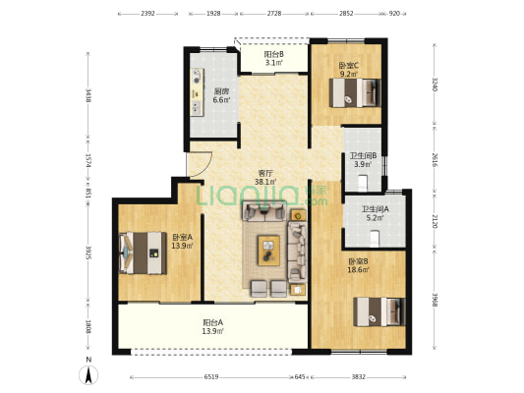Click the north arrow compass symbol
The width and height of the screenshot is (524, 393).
[88, 374]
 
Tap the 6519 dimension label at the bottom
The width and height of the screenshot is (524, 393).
[211, 377]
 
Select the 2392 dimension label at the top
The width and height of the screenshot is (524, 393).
[147, 14]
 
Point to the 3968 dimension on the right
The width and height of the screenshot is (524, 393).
[435, 301]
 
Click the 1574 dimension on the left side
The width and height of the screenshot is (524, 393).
[88, 161]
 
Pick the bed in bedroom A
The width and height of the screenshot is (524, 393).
[143, 253]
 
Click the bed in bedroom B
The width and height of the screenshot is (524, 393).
[379, 311]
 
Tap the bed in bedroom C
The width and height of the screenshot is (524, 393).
[355, 92]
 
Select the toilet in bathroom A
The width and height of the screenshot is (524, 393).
[375, 238]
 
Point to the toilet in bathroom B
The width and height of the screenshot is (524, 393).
[363, 184]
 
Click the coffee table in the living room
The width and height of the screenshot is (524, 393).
[268, 251]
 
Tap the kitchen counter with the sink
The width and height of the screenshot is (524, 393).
[197, 92]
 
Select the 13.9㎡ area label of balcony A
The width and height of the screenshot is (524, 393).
[213, 331]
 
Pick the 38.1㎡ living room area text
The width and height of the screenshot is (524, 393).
[265, 182]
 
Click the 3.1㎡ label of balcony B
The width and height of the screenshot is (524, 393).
[274, 63]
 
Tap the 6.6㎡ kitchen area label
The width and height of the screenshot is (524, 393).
[221, 99]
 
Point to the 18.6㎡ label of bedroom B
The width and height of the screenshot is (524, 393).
[358, 270]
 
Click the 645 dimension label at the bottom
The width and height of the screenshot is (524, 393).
[300, 377]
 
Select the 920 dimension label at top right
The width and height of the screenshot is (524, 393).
[394, 14]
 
